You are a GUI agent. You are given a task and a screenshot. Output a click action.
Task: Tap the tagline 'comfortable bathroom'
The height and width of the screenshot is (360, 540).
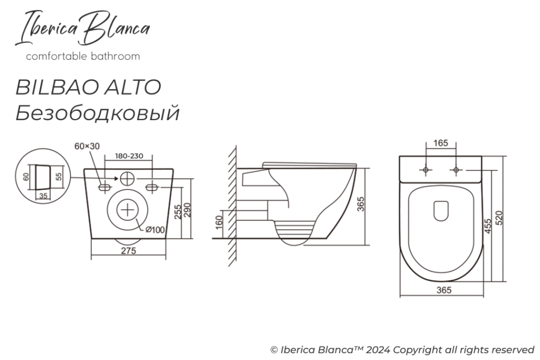point(83,56)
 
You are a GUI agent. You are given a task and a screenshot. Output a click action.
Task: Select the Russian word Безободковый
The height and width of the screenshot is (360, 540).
point(97,113)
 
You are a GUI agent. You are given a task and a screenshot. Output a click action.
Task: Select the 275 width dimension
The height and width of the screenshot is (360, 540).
point(129,250)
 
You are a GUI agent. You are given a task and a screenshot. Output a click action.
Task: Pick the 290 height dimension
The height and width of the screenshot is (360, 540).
point(188,209)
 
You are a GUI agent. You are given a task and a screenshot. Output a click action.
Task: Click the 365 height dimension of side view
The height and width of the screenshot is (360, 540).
point(361,205)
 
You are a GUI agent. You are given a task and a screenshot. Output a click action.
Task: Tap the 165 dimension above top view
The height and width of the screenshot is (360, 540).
point(440,144)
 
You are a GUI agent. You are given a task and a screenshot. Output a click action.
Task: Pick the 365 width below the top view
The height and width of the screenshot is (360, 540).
point(443,290)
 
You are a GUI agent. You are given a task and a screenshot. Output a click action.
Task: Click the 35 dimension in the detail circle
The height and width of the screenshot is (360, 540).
point(44,195)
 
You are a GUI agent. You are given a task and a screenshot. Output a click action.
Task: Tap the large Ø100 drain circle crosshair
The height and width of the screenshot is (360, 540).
point(128,210)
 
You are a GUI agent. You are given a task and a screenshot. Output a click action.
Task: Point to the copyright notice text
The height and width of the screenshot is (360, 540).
point(402,349)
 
